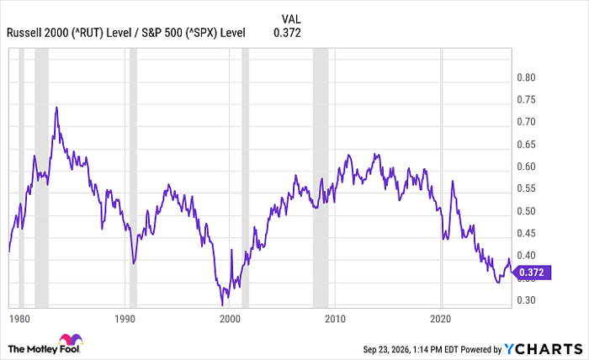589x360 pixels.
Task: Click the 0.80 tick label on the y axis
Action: (526, 77)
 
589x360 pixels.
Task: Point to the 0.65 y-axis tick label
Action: (526, 145)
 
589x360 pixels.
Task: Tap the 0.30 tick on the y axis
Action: (526, 300)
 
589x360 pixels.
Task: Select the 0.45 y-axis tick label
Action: (526, 234)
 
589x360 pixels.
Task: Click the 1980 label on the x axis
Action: (19, 319)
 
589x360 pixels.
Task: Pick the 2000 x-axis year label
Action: (230, 319)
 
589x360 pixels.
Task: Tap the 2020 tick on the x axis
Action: (440, 319)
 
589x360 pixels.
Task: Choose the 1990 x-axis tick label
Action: (125, 319)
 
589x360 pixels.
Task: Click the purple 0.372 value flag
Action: (532, 273)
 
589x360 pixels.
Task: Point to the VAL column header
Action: (291, 19)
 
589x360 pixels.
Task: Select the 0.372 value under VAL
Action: (288, 33)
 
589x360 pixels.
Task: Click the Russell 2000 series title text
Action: (126, 33)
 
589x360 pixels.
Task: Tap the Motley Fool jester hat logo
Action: (71, 339)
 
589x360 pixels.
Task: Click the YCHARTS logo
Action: (544, 350)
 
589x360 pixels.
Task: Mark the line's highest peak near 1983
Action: (56, 108)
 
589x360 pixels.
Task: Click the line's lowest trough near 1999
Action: (222, 304)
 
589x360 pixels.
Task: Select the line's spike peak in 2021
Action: (453, 182)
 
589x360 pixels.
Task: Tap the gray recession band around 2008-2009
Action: (321, 178)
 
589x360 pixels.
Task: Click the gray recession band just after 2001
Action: (245, 178)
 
